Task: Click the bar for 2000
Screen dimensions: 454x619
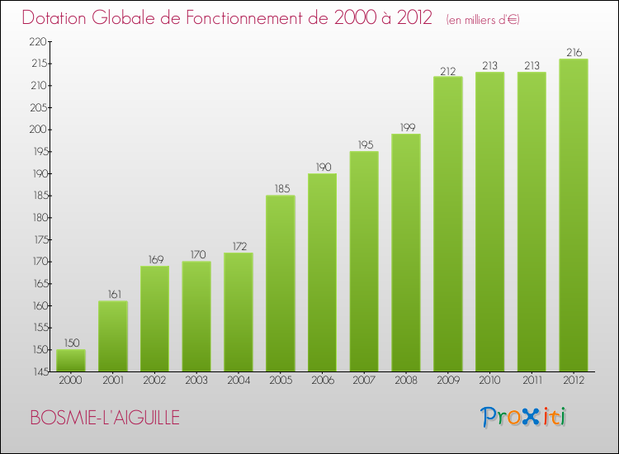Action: [70, 361]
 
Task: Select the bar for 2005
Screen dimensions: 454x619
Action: [280, 283]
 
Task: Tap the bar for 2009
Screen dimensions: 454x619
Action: [447, 224]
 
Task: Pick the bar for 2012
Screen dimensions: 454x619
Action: [573, 215]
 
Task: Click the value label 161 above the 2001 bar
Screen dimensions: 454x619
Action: [112, 293]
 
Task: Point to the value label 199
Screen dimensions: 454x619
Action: [405, 126]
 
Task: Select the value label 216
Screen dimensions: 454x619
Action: [573, 52]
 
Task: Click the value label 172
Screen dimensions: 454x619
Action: [238, 245]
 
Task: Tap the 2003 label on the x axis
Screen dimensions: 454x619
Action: [196, 381]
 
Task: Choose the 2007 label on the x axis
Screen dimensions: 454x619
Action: [363, 381]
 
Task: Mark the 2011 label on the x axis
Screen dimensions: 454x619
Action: [531, 381]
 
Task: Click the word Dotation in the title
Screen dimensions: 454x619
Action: [61, 17]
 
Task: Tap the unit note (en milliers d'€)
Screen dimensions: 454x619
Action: [483, 19]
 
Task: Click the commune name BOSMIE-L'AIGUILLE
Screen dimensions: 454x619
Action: [105, 418]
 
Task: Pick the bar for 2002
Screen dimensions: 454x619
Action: [154, 319]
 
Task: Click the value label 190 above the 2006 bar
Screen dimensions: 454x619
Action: [322, 167]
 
